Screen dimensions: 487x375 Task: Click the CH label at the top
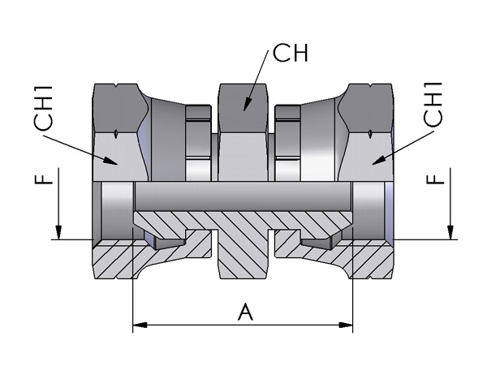click(x=291, y=53)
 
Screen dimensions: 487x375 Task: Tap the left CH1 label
click(x=44, y=108)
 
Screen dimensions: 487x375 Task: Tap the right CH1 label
click(x=433, y=105)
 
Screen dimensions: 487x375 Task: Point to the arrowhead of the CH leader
click(x=247, y=104)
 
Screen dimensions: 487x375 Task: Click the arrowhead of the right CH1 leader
click(x=379, y=160)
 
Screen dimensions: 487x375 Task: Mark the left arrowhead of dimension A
click(x=140, y=325)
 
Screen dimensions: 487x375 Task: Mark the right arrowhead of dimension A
click(x=346, y=325)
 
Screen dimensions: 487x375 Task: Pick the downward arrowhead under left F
click(x=58, y=232)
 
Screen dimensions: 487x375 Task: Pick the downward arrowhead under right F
click(x=450, y=232)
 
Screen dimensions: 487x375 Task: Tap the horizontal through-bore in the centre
click(x=243, y=196)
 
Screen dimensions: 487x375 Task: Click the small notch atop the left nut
click(x=116, y=84)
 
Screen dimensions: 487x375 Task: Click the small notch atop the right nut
click(x=370, y=84)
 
